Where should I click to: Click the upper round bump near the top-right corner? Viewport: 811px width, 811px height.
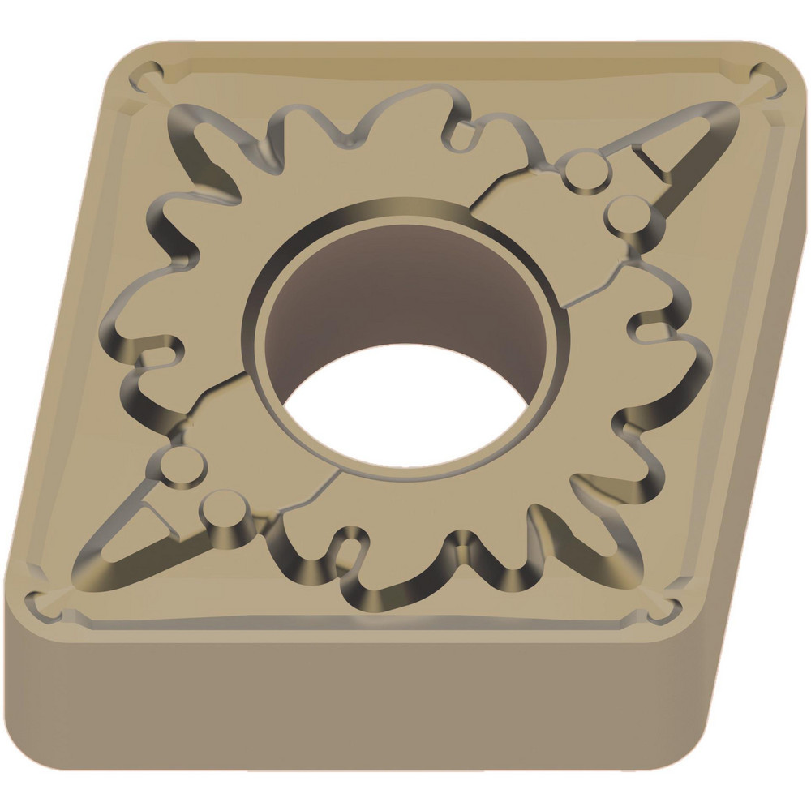[582, 171]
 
